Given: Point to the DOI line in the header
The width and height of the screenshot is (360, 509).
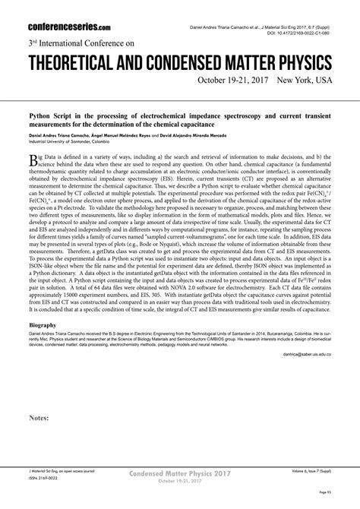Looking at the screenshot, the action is (x=298, y=34).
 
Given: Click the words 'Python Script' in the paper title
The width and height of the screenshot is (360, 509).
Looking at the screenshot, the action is (x=49, y=109).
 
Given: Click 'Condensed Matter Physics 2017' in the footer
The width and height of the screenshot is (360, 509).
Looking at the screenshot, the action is (x=180, y=473).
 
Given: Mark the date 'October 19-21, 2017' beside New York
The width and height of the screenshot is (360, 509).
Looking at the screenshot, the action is (x=232, y=80).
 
